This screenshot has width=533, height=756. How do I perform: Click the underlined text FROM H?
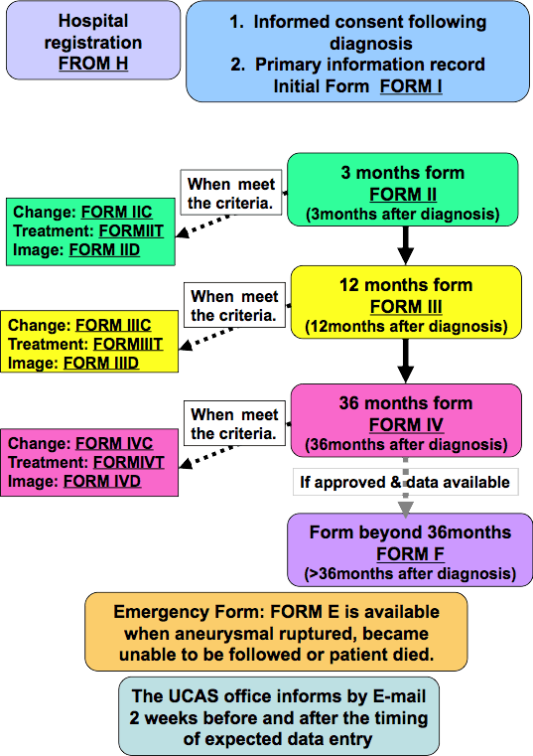93,64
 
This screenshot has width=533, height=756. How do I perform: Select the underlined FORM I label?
411,86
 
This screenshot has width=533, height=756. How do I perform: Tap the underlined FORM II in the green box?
403,195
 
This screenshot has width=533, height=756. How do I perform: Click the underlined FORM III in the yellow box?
406,307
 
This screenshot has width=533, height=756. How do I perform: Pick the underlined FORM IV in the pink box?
406,425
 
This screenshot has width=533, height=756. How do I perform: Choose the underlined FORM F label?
410,554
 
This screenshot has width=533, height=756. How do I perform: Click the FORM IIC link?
116,212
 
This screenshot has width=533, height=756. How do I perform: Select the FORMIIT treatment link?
131,230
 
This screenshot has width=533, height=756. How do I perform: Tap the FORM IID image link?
104,249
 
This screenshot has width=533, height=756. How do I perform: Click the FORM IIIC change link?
113,325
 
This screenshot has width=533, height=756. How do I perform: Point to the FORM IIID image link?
101,363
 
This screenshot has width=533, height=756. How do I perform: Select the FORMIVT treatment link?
129,462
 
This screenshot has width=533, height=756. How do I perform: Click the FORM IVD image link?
102,481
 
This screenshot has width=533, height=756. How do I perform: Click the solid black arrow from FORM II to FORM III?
405,245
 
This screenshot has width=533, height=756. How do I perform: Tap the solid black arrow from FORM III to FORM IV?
405,361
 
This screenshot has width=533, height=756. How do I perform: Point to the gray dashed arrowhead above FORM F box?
405,510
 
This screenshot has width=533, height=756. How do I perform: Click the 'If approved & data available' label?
405,482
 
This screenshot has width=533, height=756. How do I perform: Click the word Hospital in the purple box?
93,21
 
